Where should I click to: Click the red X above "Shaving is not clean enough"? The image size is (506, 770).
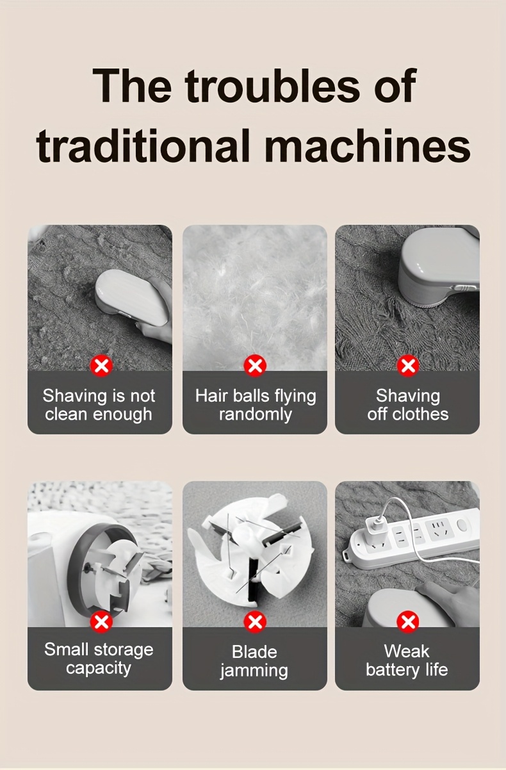[101, 365]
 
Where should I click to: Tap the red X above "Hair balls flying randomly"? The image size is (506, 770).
[255, 365]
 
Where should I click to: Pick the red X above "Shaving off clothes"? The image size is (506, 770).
[408, 365]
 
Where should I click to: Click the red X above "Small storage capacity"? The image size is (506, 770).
[101, 621]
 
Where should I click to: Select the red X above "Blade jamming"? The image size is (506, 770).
[255, 621]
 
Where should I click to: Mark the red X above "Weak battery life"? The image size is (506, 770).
[408, 621]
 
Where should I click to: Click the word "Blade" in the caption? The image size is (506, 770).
[254, 651]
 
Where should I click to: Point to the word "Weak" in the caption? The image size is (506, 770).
[407, 651]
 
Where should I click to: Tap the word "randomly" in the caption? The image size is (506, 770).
[256, 414]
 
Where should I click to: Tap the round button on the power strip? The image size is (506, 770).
[462, 525]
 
